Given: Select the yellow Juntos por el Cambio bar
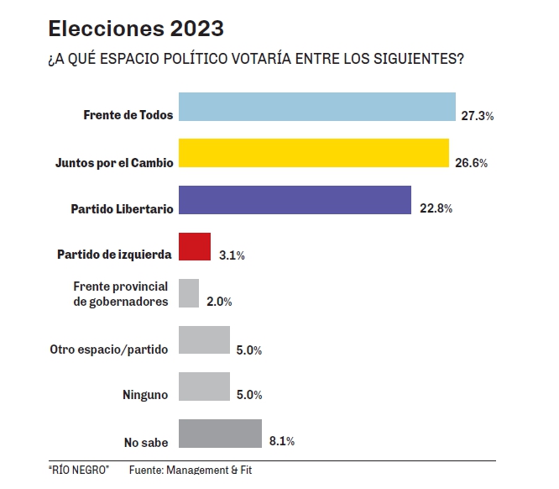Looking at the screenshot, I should [315, 154].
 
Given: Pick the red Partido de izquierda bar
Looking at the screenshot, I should [195, 247].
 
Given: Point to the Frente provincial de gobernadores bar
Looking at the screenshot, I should [189, 293].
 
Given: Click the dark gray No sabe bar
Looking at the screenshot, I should [221, 434].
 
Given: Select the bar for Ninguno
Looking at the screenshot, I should [204, 386].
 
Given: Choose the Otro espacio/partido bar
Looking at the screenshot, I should [204, 340].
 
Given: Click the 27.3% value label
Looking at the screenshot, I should [477, 116].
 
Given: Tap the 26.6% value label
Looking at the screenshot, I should [471, 163].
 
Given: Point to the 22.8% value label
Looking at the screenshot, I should [436, 209].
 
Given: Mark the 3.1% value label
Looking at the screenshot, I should [231, 255].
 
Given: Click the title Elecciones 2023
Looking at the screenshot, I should [136, 29].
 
